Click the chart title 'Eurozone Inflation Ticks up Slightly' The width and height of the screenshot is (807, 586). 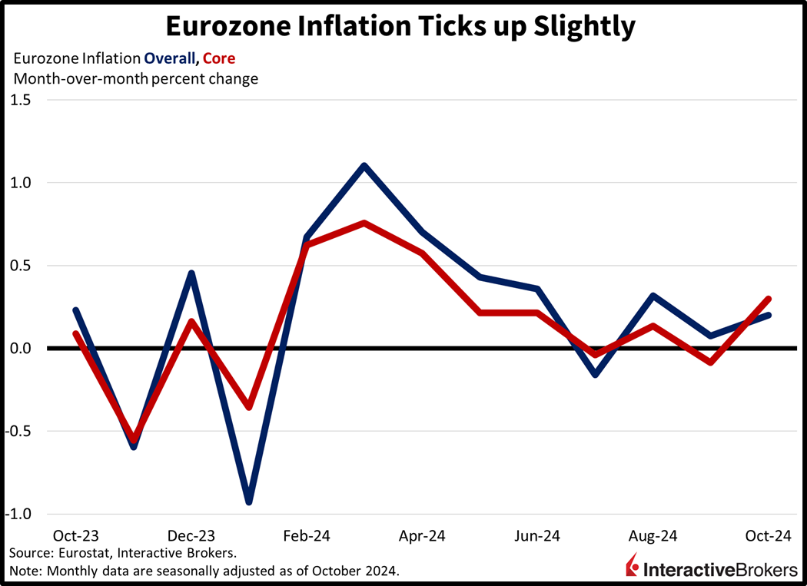point(400,25)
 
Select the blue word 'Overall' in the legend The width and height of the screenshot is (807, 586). point(171,58)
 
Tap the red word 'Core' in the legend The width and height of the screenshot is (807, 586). point(219,58)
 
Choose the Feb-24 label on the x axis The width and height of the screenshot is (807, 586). point(306,535)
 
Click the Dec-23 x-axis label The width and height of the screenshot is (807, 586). point(191,535)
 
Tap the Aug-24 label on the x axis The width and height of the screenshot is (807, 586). point(653,535)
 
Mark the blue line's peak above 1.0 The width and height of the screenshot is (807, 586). point(364,165)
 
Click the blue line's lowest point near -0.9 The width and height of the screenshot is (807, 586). point(248,502)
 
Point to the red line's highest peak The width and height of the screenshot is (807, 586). point(364,223)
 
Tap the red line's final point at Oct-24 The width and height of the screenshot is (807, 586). point(768,299)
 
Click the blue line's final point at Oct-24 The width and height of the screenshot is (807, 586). point(768,315)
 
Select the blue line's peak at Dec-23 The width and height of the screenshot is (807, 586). point(191,273)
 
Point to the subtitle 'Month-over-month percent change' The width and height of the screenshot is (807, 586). point(135,78)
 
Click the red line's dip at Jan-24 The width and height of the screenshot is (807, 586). point(248,406)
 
